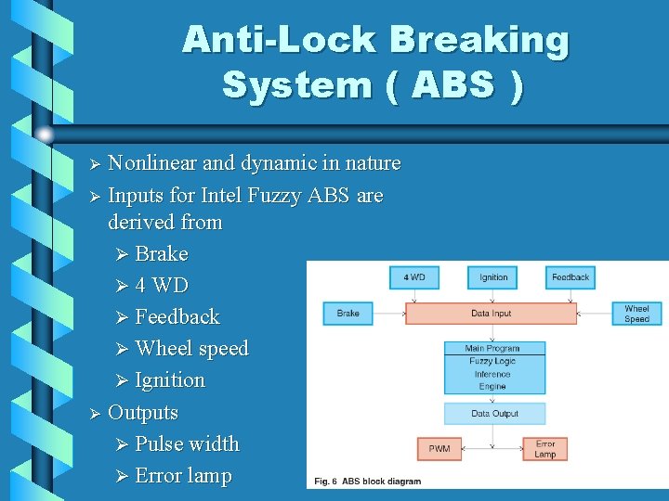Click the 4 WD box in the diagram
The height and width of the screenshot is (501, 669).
(414, 276)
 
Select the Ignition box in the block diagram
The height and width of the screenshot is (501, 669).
(493, 276)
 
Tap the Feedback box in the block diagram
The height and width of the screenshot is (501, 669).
(571, 276)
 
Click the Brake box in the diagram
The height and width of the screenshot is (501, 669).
(348, 313)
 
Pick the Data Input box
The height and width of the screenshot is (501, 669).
(492, 313)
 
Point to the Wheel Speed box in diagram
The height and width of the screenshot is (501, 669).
(636, 313)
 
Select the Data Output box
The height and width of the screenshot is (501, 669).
(493, 413)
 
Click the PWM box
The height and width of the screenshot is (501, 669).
(439, 449)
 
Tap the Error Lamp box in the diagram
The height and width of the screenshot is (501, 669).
(545, 449)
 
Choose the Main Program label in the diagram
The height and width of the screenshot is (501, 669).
(492, 348)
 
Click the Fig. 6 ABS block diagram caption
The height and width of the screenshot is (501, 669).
(368, 482)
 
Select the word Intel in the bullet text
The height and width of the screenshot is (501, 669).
(221, 196)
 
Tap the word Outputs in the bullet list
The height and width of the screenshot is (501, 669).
(143, 412)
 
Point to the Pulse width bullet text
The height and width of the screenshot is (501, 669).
(187, 443)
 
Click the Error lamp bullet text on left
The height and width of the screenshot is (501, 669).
(183, 475)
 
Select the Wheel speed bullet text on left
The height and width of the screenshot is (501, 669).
(191, 348)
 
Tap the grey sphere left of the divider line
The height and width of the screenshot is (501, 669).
(44, 135)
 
